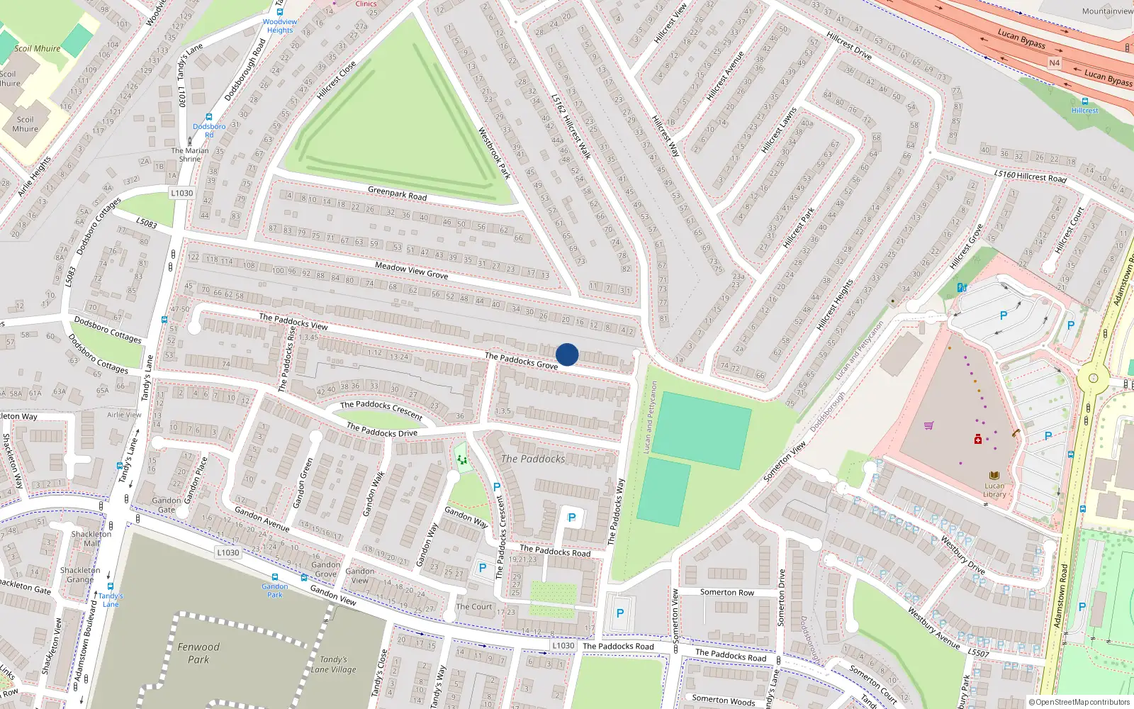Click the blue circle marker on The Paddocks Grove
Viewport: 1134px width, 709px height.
click(567, 354)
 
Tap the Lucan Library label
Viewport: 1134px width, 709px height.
click(994, 490)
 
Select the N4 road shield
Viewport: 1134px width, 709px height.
click(1055, 63)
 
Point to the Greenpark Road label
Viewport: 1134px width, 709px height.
click(397, 193)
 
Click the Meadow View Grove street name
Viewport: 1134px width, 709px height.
click(411, 270)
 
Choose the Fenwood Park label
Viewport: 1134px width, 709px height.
click(198, 653)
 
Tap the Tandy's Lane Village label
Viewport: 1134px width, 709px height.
click(333, 664)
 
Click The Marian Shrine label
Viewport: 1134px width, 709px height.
click(190, 155)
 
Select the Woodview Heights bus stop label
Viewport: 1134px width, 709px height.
click(280, 26)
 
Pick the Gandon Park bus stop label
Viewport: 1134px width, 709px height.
click(274, 590)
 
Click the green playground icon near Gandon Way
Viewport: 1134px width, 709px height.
click(462, 460)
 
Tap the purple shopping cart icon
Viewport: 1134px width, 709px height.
click(928, 425)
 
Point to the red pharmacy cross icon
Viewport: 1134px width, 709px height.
click(978, 440)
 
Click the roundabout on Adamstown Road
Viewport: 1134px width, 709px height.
click(1093, 379)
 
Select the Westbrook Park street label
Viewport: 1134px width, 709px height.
click(494, 152)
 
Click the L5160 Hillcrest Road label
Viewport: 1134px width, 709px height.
click(1030, 176)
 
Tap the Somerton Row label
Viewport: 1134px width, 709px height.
click(727, 592)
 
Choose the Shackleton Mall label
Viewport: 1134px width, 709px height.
click(91, 539)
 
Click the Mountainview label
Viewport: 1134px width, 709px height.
click(1107, 11)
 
